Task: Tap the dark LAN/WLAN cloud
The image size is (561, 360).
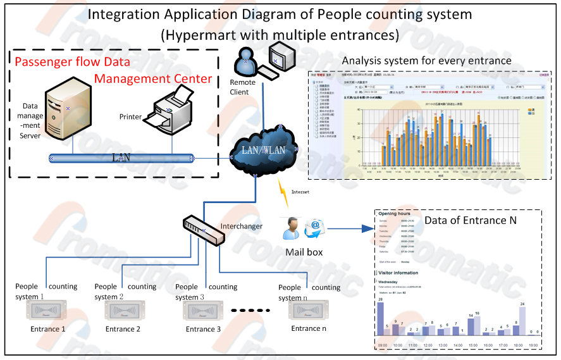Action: click(262, 150)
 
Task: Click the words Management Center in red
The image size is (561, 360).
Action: click(153, 78)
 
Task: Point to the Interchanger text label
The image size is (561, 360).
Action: click(241, 226)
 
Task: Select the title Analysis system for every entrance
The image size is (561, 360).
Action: click(426, 61)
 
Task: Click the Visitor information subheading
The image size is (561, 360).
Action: click(397, 273)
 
